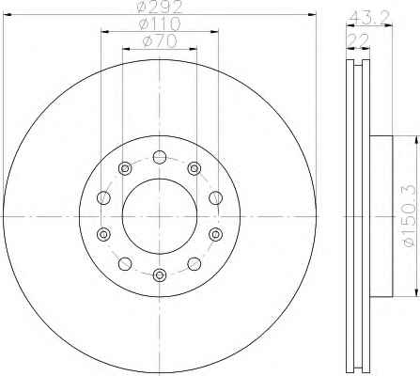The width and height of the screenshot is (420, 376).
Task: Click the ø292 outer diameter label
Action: (x=160, y=7)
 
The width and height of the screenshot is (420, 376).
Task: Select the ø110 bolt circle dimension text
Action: (x=160, y=23)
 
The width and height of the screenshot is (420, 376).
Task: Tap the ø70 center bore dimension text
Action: (x=160, y=41)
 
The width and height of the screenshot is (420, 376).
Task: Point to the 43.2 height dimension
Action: (x=370, y=19)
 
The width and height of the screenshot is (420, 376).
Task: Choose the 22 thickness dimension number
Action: (x=358, y=40)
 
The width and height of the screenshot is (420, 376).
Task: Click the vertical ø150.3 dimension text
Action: (x=411, y=216)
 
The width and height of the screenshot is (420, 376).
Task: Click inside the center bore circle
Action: (x=160, y=216)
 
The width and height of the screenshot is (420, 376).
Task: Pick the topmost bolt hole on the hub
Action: (x=160, y=157)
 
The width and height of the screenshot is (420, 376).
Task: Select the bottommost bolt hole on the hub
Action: (x=160, y=275)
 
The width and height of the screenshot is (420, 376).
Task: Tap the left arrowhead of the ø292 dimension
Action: (x=8, y=14)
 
